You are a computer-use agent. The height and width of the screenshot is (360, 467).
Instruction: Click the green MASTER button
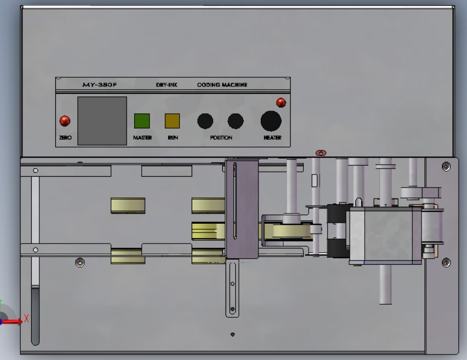[142, 121]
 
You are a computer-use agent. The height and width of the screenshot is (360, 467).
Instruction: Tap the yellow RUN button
[172, 121]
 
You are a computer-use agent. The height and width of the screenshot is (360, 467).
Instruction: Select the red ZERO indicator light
[65, 121]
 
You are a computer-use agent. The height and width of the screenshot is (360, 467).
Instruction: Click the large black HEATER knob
[271, 121]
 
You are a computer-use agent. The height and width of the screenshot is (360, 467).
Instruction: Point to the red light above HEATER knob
[281, 103]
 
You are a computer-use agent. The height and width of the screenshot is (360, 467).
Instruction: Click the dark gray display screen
[102, 121]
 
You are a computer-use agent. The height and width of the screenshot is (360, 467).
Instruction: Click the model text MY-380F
[100, 85]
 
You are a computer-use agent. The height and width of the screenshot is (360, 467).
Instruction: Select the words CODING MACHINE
[222, 85]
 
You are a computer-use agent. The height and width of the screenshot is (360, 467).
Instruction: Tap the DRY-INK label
[166, 85]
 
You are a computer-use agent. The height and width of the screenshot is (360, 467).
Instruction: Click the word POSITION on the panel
[221, 138]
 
